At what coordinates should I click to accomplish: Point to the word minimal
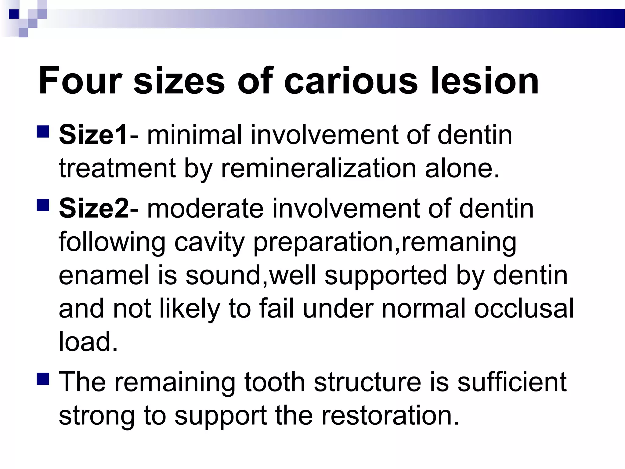pyautogui.click(x=194, y=135)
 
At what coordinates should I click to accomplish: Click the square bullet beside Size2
pyautogui.click(x=43, y=205)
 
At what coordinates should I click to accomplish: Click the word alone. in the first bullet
pyautogui.click(x=462, y=168)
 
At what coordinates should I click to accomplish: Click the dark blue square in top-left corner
pyautogui.click(x=14, y=14)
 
